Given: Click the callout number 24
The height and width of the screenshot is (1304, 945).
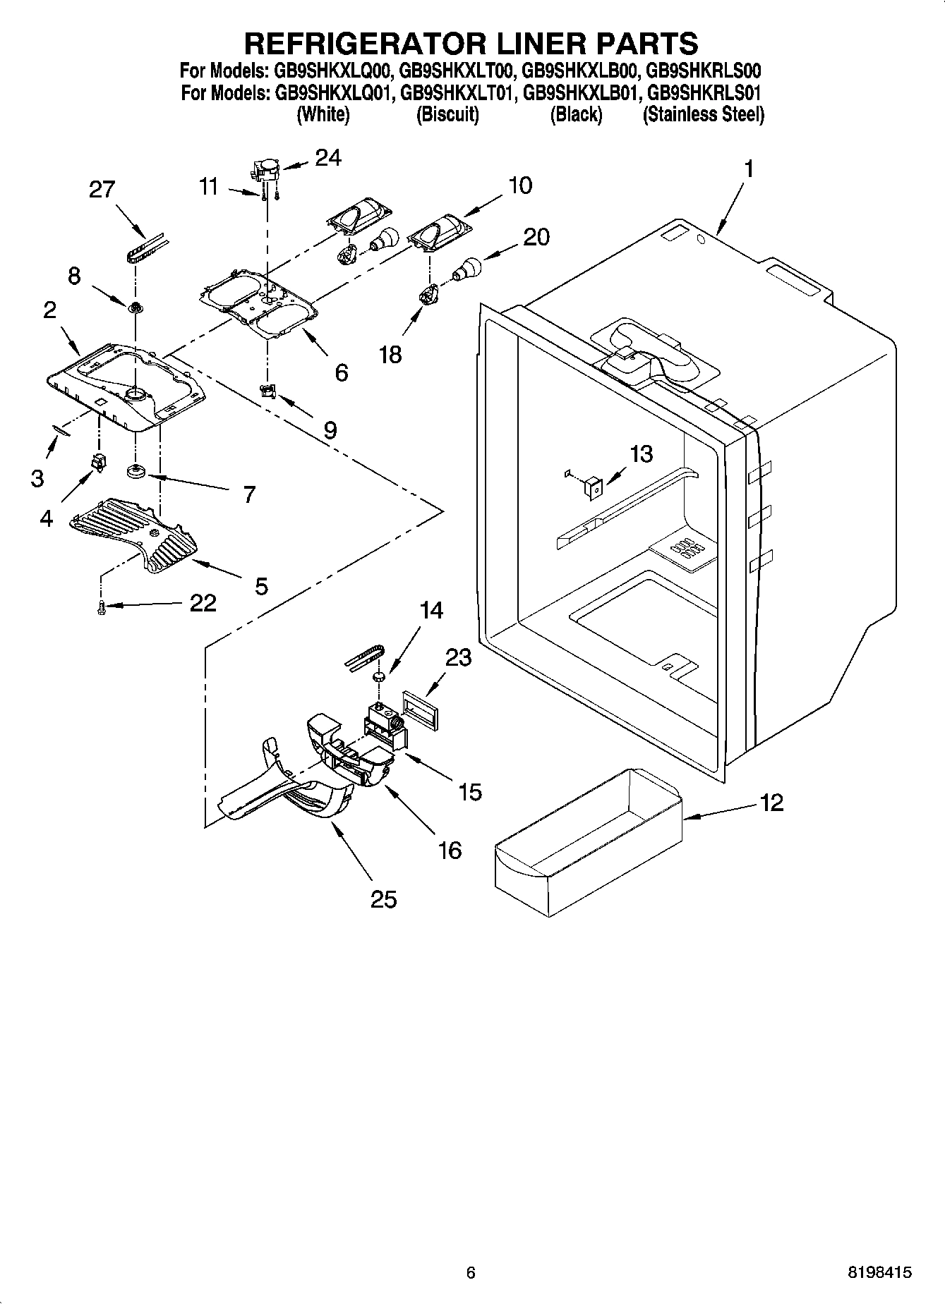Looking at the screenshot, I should (327, 158).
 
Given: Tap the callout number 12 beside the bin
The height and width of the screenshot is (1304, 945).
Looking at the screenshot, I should (772, 803).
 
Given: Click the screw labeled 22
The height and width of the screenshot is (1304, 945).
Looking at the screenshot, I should (102, 606).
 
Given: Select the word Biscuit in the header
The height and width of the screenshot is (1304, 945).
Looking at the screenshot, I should (447, 114).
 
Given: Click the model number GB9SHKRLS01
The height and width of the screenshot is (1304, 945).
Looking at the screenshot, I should (704, 92).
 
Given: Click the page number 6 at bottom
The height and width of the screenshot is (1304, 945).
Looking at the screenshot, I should (471, 1273).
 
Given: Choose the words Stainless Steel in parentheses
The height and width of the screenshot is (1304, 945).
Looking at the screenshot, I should (703, 114).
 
